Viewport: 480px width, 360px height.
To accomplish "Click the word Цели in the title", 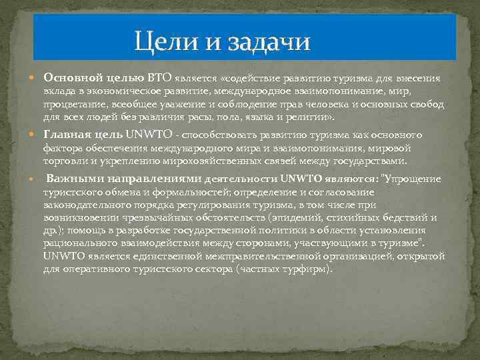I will tap(159, 42).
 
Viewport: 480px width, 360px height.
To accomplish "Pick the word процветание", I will tap(74, 105).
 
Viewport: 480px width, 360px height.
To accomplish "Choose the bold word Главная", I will tap(67, 135).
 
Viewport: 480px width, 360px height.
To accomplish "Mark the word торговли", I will tap(63, 161).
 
